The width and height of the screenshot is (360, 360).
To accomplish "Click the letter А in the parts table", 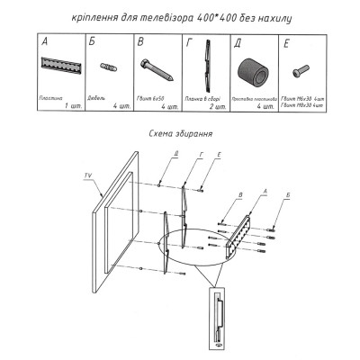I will click(45, 41).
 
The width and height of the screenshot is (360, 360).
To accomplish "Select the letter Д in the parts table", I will click(238, 41).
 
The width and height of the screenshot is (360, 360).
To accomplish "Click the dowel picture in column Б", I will click(111, 66).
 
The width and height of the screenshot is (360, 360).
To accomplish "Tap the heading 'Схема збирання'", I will click(180, 133).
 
